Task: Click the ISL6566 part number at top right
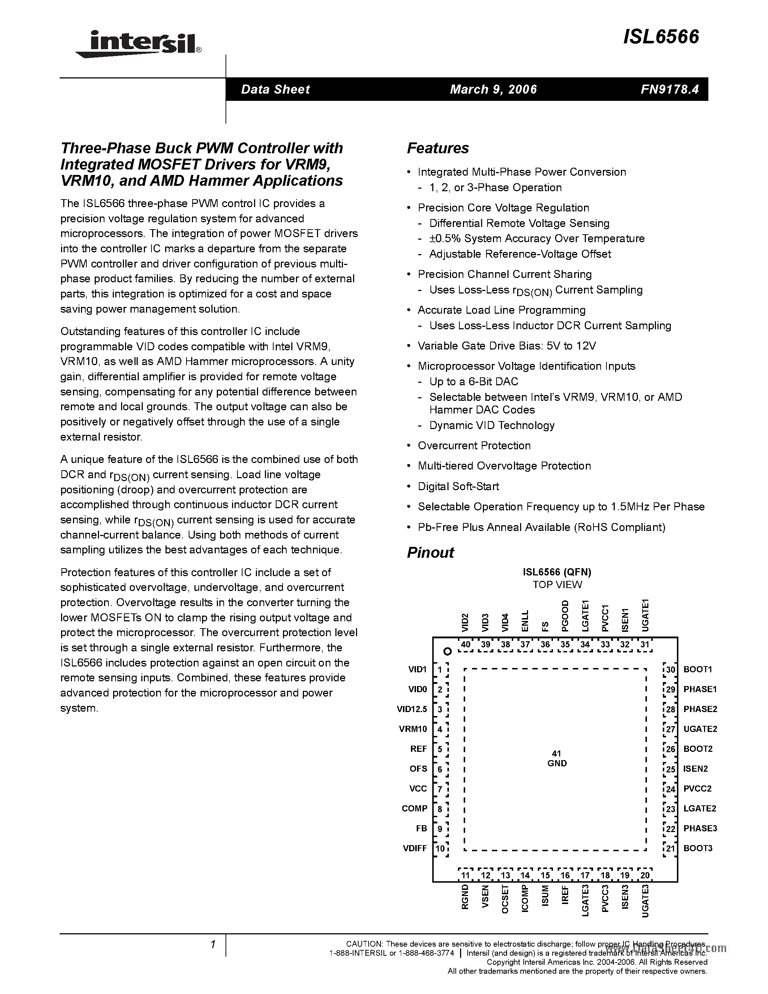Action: (x=661, y=37)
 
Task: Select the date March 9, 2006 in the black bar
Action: (x=493, y=89)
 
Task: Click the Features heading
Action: (x=437, y=148)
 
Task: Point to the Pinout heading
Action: (x=430, y=553)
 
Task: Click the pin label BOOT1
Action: (x=698, y=669)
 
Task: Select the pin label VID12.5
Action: (x=412, y=709)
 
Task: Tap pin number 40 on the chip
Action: (x=465, y=644)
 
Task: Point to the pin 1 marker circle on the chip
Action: (x=447, y=652)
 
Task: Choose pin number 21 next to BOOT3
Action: (x=670, y=848)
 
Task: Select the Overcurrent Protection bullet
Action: (x=474, y=446)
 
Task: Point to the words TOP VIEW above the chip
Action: (x=557, y=584)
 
